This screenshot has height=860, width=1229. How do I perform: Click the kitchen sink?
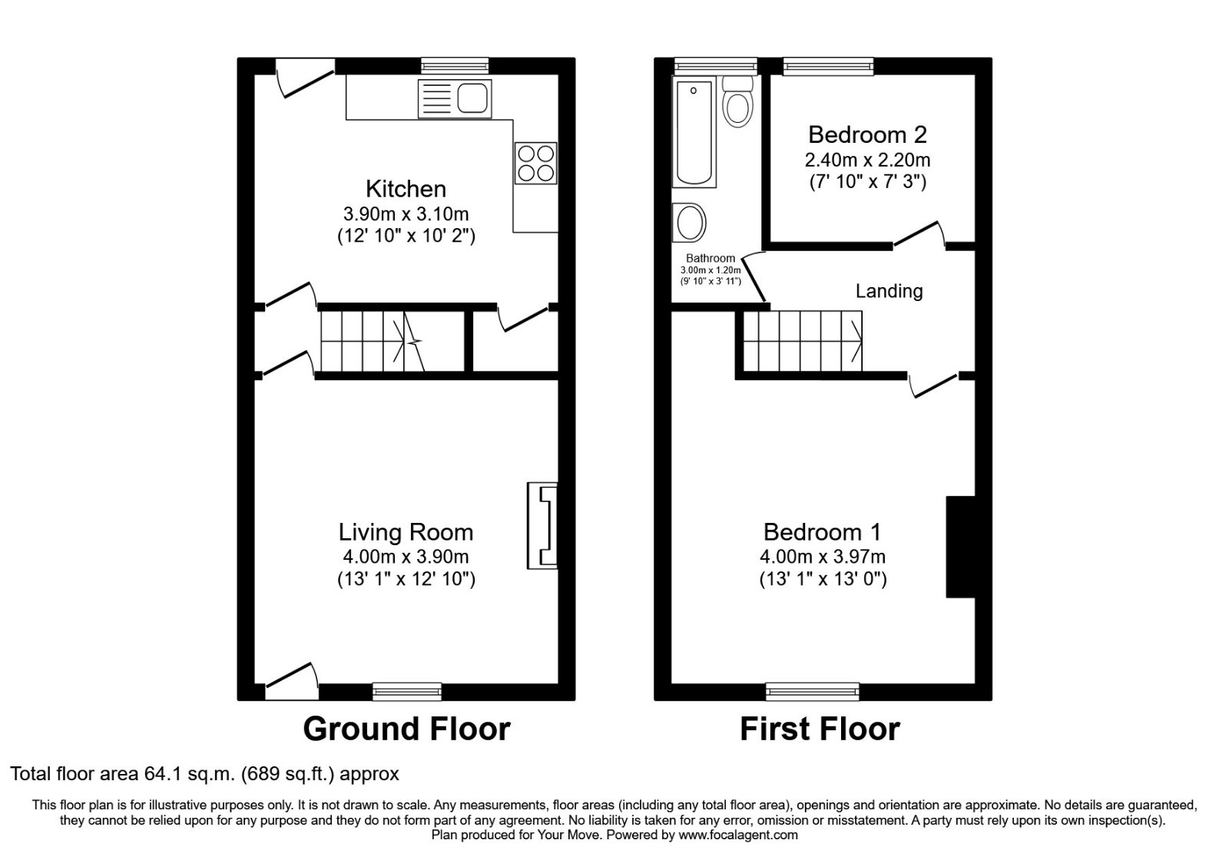tap(455, 99)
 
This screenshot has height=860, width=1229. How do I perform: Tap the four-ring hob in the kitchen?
tap(535, 163)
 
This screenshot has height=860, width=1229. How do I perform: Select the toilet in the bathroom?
tap(738, 103)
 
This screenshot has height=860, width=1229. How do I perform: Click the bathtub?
tap(694, 132)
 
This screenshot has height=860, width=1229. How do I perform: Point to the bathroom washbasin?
tap(689, 223)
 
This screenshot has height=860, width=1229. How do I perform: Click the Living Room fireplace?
tap(542, 526)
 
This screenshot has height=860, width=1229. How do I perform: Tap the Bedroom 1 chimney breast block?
tap(960, 547)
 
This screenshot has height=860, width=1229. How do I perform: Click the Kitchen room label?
tap(406, 189)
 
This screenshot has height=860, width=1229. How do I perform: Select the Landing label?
tap(889, 291)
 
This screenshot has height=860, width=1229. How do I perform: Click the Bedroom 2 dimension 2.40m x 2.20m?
tap(867, 160)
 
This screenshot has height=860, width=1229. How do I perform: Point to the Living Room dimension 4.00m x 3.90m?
tap(406, 557)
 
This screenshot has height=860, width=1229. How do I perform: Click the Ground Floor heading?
tap(406, 729)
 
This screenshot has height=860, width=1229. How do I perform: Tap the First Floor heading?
tap(820, 729)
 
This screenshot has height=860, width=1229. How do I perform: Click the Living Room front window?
tap(407, 692)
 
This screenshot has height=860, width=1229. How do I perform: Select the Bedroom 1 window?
tap(812, 692)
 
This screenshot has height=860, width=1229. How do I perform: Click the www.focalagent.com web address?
tap(738, 835)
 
